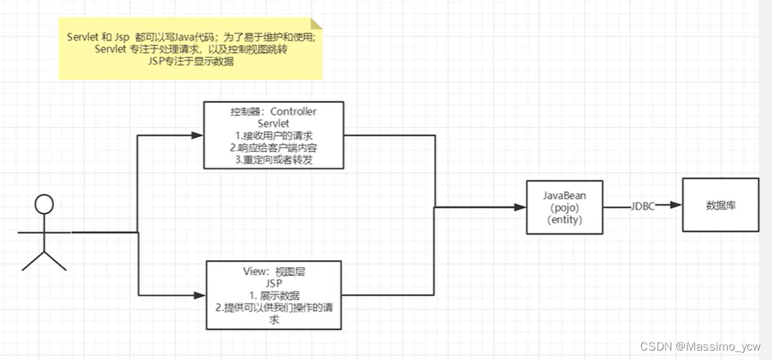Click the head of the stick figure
point(44,204)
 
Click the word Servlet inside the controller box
point(273,123)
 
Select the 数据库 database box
point(721,206)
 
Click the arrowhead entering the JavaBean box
point(519,207)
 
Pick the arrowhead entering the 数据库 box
point(676,206)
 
